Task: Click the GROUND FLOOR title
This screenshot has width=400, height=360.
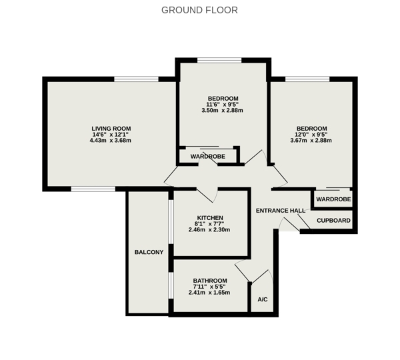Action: coord(199,10)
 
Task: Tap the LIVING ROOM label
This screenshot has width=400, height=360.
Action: coord(111,129)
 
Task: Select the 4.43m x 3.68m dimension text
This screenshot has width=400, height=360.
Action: coord(111,140)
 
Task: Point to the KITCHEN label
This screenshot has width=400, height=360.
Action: coord(210,218)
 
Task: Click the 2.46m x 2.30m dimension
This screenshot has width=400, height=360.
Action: coord(209,229)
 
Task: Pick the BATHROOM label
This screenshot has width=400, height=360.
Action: coord(210,281)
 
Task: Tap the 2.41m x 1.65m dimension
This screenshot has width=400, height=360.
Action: coord(209,293)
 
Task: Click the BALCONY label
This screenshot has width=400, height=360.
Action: coord(149,252)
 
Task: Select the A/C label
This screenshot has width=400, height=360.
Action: coord(263,299)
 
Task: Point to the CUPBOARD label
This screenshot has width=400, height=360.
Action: coord(334,221)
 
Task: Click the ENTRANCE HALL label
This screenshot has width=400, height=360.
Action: coord(281,211)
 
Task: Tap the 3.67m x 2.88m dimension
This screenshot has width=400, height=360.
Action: coord(311,140)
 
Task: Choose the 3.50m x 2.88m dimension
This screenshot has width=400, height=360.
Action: coord(222,111)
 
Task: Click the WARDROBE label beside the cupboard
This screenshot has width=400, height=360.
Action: coord(334,199)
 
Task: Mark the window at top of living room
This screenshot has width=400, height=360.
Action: coord(136,79)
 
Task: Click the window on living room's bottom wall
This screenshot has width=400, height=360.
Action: coord(93,189)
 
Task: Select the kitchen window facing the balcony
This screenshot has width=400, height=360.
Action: coord(171,222)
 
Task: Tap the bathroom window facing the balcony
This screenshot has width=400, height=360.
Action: coord(171,285)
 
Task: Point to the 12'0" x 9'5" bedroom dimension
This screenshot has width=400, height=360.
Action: coord(311,135)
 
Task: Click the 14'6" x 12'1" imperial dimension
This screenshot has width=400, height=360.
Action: coord(111,135)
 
